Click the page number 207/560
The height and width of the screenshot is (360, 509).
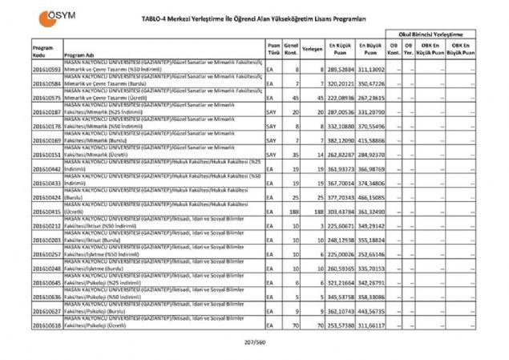[x=254, y=342]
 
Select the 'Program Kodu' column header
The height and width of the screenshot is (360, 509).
[x=43, y=51]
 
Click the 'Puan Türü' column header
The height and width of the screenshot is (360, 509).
[x=273, y=50]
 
